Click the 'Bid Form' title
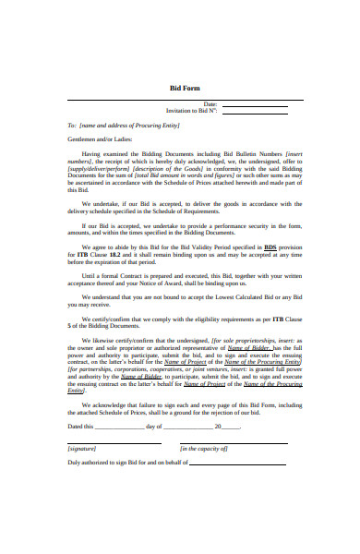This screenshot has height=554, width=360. click(x=186, y=88)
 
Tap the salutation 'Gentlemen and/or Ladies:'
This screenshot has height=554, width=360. click(x=101, y=138)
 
